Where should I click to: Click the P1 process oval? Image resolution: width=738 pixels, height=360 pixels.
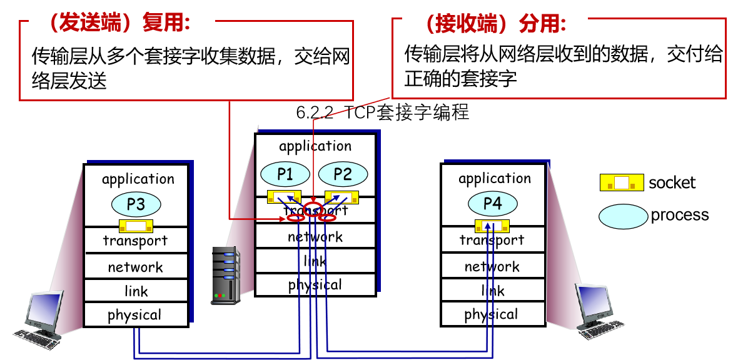[285, 174]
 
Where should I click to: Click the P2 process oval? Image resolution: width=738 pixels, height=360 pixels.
[343, 174]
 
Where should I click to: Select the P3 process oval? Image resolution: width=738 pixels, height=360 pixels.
[136, 204]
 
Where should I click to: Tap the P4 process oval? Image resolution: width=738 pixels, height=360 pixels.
[492, 203]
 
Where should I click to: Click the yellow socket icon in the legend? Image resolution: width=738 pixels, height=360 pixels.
[622, 182]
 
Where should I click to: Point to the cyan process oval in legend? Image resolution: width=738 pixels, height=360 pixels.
[622, 216]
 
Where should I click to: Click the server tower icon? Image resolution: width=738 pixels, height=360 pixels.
[226, 275]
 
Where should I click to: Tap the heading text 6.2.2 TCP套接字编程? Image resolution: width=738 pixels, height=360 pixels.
[382, 113]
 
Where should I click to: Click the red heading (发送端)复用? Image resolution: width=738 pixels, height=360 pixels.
[119, 23]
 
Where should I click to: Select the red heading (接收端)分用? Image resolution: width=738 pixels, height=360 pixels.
[494, 23]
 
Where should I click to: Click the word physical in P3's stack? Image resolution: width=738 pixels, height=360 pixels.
[134, 315]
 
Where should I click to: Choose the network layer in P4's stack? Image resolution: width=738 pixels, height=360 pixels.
[492, 267]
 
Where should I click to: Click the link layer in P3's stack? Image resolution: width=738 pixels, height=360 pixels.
[136, 291]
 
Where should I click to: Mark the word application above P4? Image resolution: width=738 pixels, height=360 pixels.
[494, 179]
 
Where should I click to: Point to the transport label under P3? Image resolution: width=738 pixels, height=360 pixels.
[135, 241]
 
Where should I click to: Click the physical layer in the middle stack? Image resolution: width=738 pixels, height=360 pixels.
[315, 285]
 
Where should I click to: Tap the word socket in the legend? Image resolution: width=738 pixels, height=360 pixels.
[672, 183]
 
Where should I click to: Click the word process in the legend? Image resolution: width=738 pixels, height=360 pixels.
[680, 215]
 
